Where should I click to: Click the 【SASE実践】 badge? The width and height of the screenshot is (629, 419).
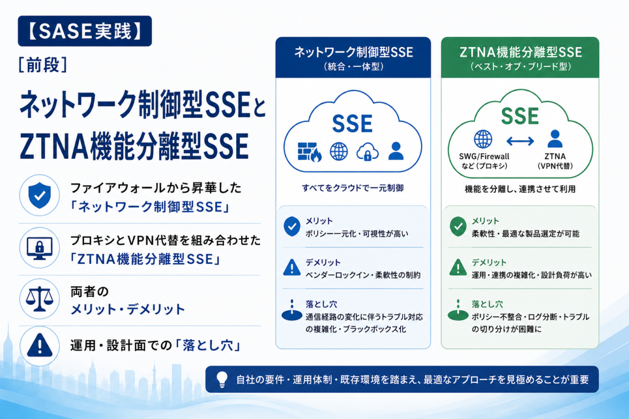pyautogui.click(x=85, y=31)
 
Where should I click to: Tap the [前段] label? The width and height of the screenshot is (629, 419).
pyautogui.click(x=43, y=65)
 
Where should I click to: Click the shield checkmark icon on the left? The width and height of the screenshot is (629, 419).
pyautogui.click(x=40, y=195)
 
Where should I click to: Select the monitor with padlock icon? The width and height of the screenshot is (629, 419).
pyautogui.click(x=40, y=248)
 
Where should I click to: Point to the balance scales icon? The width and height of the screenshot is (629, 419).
pyautogui.click(x=40, y=299)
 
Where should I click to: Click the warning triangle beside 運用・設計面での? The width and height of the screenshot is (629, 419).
pyautogui.click(x=40, y=346)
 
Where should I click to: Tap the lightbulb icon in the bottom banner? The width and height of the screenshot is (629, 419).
pyautogui.click(x=222, y=379)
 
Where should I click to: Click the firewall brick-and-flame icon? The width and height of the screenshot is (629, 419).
pyautogui.click(x=309, y=152)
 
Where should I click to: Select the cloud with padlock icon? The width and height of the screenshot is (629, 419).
pyautogui.click(x=367, y=152)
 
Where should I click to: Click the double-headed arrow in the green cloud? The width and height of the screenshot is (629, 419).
pyautogui.click(x=520, y=141)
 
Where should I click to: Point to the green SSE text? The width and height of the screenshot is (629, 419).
pyautogui.click(x=520, y=116)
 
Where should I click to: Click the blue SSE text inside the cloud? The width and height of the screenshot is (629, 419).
pyautogui.click(x=352, y=124)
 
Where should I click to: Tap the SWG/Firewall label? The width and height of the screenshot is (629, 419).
pyautogui.click(x=484, y=156)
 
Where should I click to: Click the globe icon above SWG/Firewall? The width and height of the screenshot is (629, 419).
pyautogui.click(x=483, y=139)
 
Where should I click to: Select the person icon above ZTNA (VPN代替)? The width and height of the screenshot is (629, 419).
pyautogui.click(x=555, y=139)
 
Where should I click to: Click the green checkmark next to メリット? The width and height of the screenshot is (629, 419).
pyautogui.click(x=458, y=226)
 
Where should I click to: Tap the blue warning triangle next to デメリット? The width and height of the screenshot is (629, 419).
pyautogui.click(x=292, y=267)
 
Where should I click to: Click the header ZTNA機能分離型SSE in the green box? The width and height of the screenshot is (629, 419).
pyautogui.click(x=520, y=52)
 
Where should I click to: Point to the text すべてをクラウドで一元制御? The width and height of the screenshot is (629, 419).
pyautogui.click(x=353, y=188)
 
